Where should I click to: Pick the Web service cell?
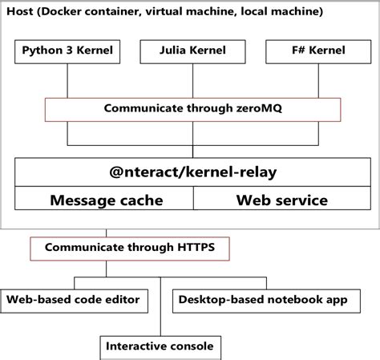coord(281,200)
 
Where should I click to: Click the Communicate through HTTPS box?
coord(128,249)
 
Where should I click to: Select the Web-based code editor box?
coord(74,300)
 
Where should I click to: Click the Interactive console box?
coord(160,346)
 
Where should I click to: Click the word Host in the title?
coord(22,12)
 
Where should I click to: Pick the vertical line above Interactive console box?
coord(160,309)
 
